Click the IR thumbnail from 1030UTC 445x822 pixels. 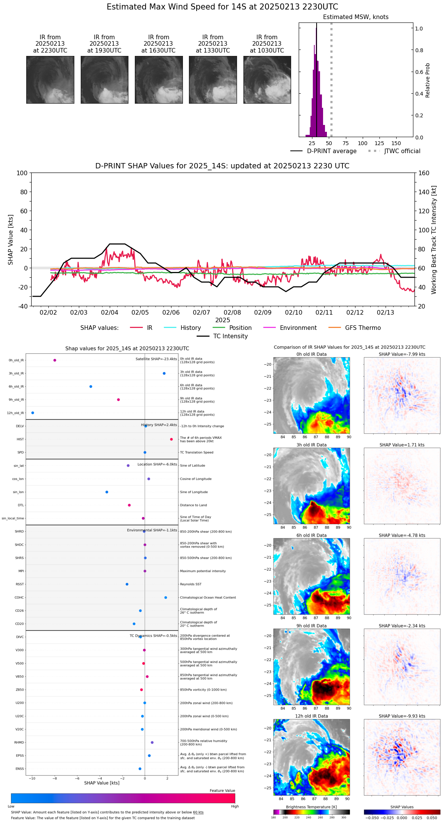(267, 80)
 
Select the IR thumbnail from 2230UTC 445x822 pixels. (50, 80)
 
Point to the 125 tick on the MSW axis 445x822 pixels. (379, 143)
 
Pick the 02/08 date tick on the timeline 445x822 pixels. (232, 312)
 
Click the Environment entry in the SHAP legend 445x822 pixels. (298, 328)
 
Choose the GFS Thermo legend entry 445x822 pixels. (363, 328)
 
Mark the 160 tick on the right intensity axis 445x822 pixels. (424, 173)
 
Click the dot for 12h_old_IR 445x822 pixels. (33, 413)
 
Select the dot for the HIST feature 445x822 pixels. (171, 439)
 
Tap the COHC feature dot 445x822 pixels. (166, 598)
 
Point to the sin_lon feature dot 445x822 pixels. (107, 492)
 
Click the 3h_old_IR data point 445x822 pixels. (164, 373)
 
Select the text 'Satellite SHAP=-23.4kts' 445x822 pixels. (156, 359)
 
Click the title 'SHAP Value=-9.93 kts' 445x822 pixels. (402, 716)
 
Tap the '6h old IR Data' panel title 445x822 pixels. (311, 535)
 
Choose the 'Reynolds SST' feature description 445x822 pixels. (191, 584)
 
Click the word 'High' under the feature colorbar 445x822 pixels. (235, 806)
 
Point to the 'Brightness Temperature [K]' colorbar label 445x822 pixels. (311, 807)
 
